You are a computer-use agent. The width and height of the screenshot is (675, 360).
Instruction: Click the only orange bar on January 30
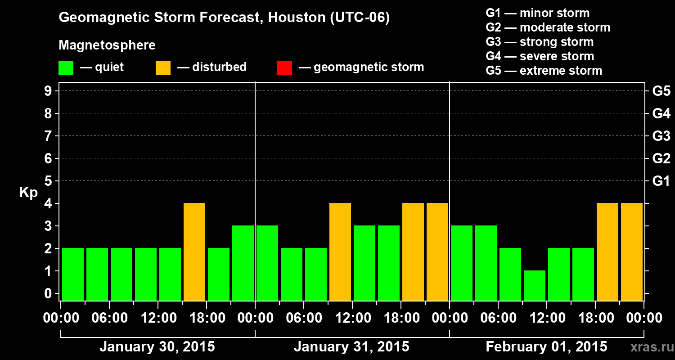point(194,252)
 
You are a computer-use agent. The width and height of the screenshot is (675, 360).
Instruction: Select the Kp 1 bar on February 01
point(535,285)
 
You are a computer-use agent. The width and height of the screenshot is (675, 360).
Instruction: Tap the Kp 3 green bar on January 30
point(243,263)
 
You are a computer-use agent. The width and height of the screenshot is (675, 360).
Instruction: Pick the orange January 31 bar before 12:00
point(340,252)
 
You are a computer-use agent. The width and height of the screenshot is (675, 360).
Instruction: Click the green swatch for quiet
point(66,68)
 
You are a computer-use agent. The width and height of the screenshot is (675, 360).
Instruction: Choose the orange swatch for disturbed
point(163,68)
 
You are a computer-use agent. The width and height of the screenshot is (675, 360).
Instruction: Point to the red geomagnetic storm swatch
point(284,68)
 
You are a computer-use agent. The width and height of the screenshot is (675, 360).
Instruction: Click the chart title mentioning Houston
point(224,18)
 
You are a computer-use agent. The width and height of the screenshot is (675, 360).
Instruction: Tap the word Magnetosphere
point(107,45)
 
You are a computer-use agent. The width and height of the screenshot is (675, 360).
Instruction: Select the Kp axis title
point(28,193)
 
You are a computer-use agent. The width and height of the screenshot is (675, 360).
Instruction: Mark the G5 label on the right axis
point(661,91)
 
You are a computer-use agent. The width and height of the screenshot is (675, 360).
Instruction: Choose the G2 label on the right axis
point(661,159)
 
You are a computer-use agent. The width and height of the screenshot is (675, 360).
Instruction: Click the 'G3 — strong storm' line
point(540,42)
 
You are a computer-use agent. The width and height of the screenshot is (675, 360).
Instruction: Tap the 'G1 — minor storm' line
point(537,13)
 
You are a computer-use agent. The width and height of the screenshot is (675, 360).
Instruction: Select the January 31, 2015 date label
point(351,347)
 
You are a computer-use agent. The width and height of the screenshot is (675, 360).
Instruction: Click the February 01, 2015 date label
point(546,347)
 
